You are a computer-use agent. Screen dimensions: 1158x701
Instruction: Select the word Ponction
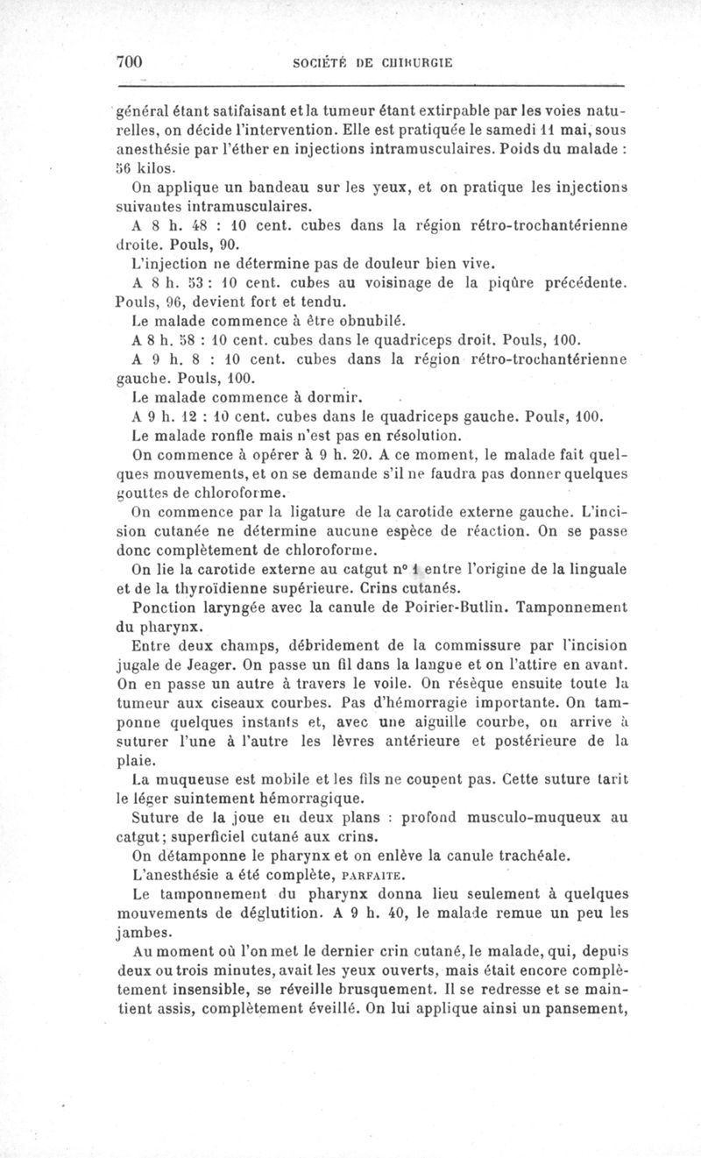click(x=163, y=606)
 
